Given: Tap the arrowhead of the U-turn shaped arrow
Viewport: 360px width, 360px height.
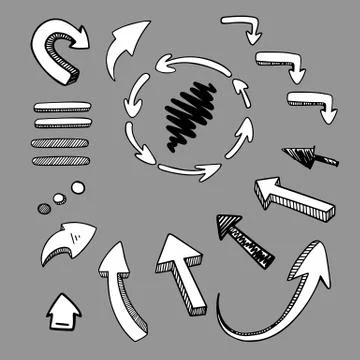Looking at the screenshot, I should (78, 41).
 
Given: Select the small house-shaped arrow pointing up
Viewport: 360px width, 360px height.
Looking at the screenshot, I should (64, 311).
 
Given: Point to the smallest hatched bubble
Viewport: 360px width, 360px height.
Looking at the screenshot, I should (43, 208).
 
